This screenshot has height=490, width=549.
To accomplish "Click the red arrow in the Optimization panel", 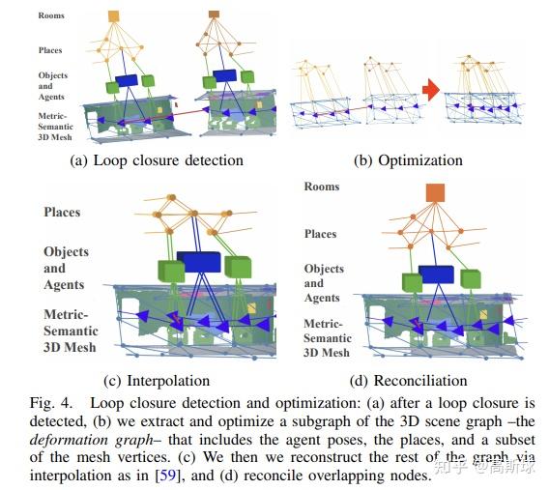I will pos(430,91).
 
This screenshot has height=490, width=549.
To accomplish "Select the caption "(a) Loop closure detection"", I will pos(157,159).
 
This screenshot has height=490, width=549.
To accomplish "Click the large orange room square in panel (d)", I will pos(434,192).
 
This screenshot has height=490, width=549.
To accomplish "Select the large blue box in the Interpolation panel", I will pos(199,261).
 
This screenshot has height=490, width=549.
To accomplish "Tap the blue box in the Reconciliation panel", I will pos(434,275).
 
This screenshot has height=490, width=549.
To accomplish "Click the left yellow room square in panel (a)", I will pos(113,15).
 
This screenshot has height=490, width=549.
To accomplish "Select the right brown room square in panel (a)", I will pos(214,14).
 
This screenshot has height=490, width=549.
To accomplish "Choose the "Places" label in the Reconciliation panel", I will pos(320,234).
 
